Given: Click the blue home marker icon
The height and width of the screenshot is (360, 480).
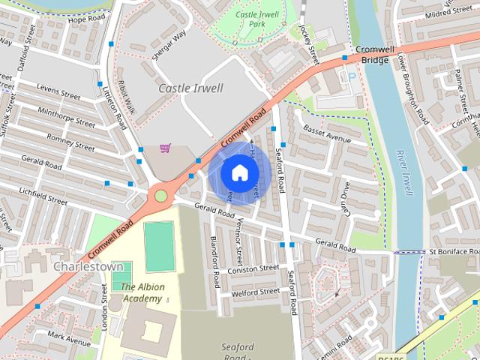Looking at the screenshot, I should click(238, 173).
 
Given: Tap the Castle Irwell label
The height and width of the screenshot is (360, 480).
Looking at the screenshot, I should click(191, 88).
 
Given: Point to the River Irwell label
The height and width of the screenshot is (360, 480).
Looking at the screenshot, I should click(404, 172).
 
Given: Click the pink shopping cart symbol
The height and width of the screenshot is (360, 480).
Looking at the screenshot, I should click(165, 148).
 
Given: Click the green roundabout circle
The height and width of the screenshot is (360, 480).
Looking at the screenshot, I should click(160, 196).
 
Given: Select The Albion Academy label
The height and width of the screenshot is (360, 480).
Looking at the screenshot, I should click(142, 292).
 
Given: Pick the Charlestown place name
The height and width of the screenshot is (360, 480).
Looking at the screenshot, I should click(88, 266).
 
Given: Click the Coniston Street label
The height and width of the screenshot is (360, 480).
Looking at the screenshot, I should click(256, 268).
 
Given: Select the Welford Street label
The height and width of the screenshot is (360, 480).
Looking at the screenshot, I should click(256, 292).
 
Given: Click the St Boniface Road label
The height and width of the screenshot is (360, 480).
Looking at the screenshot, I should click(452, 252).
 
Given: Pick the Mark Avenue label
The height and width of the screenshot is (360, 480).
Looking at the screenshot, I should click(68, 336).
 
